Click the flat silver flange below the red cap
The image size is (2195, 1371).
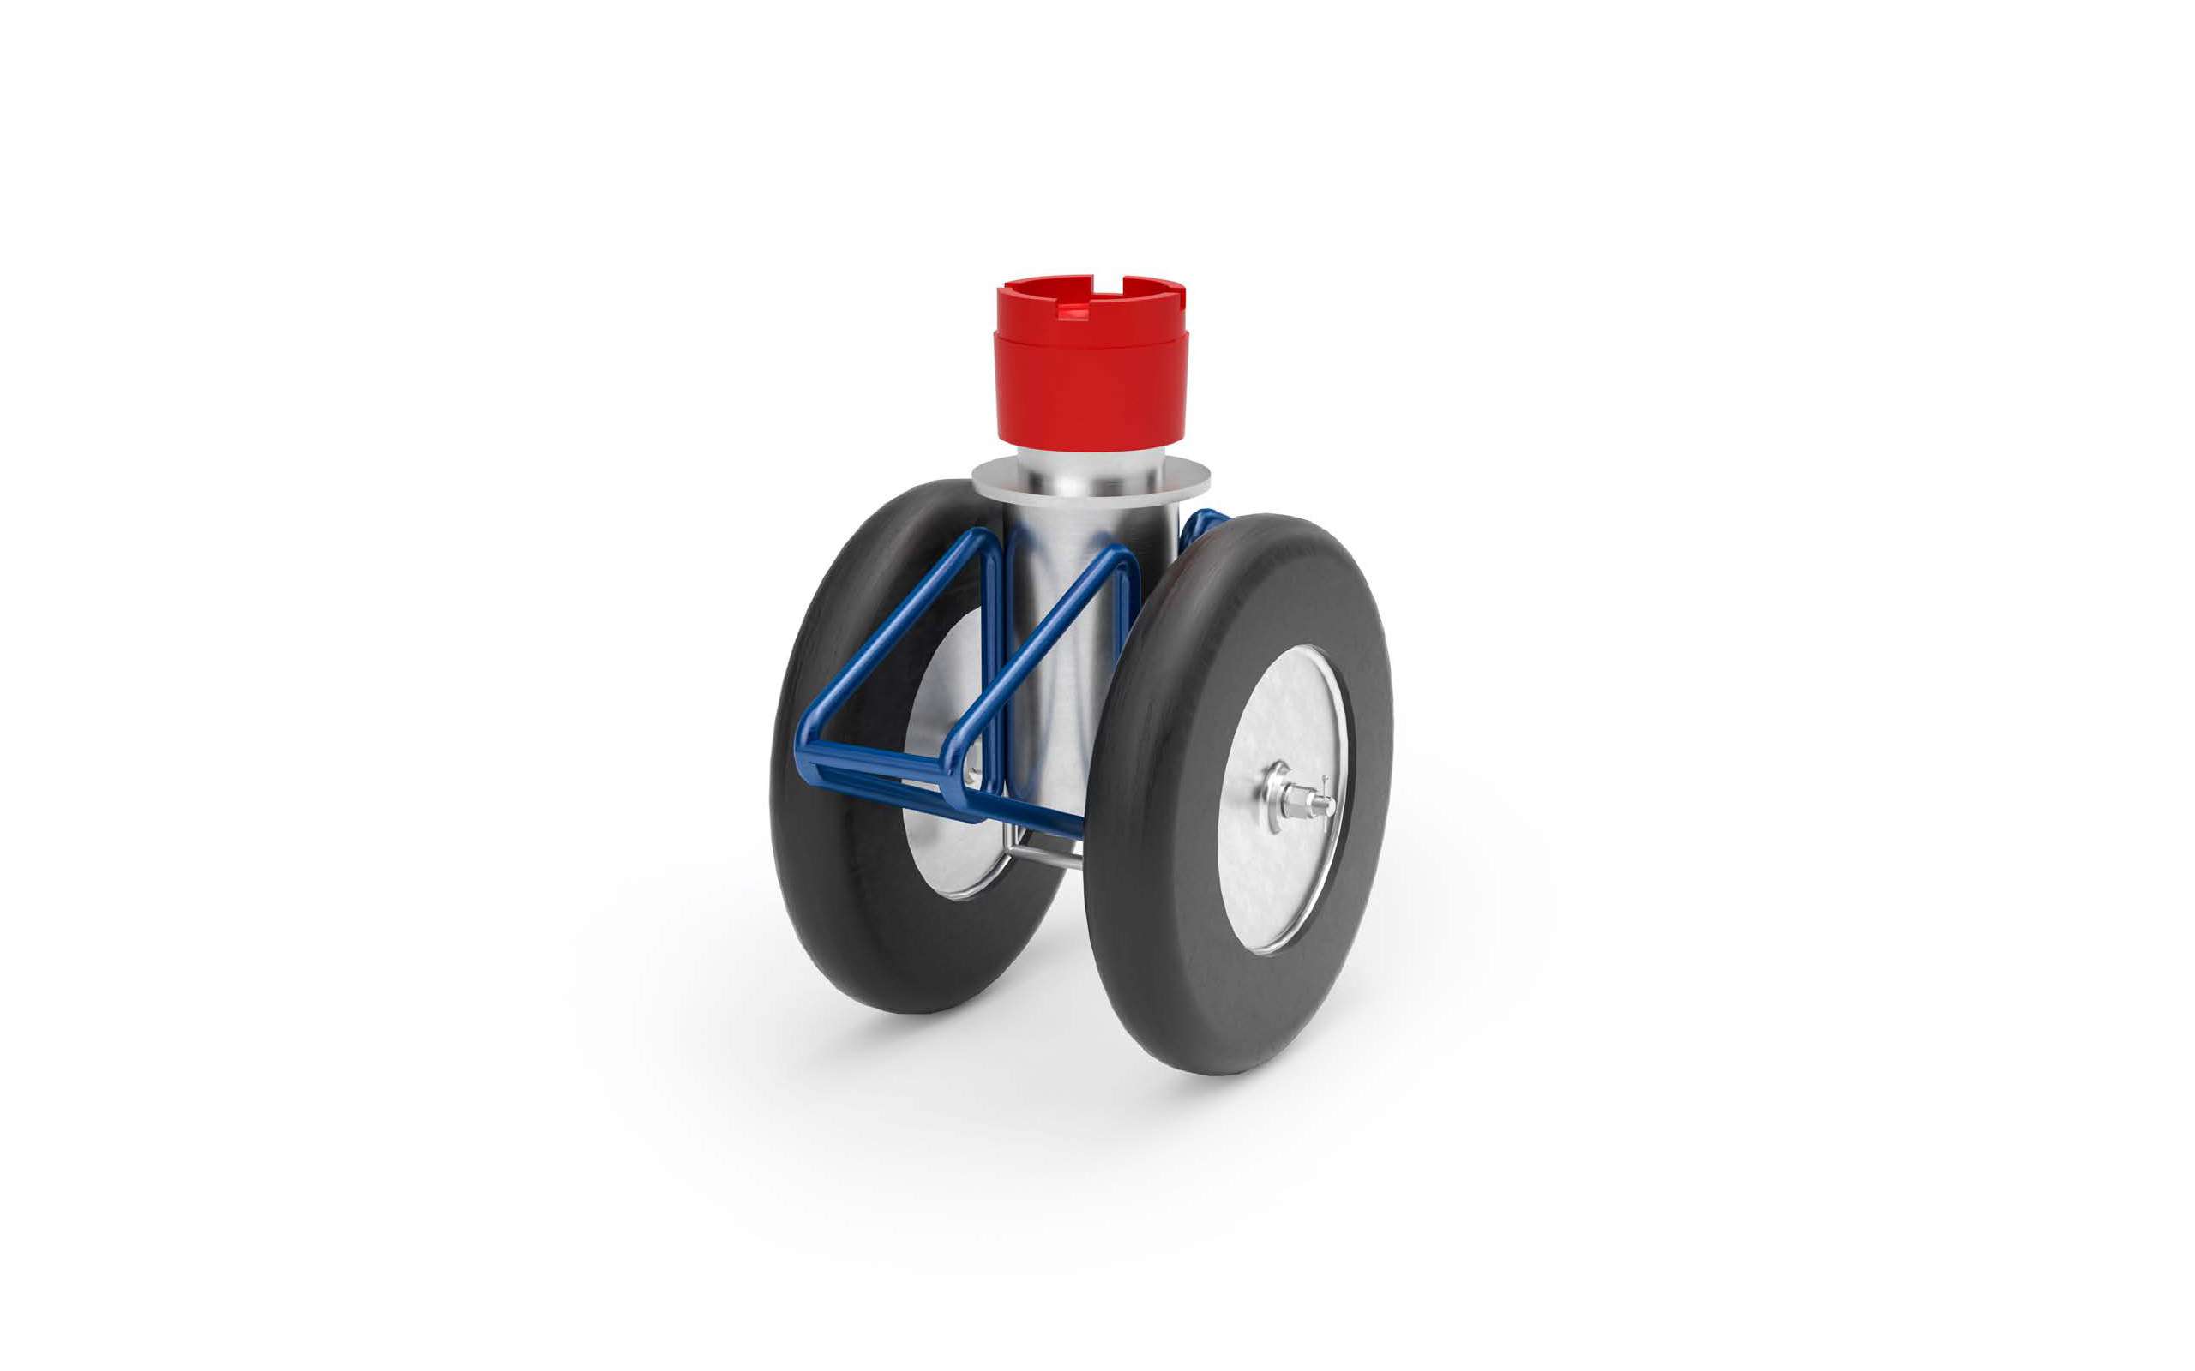(998, 481)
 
